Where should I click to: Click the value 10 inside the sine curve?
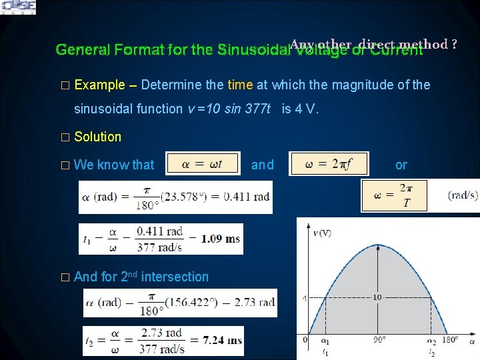click(377, 297)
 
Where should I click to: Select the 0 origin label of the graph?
click(306, 341)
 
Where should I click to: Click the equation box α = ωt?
click(203, 165)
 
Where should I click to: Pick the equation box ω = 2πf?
click(327, 165)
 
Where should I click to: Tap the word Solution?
click(98, 137)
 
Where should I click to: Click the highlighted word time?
click(240, 85)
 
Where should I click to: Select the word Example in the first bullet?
click(99, 85)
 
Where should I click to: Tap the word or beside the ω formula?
click(401, 165)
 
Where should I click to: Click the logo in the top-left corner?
click(18, 7)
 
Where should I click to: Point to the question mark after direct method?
click(454, 44)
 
